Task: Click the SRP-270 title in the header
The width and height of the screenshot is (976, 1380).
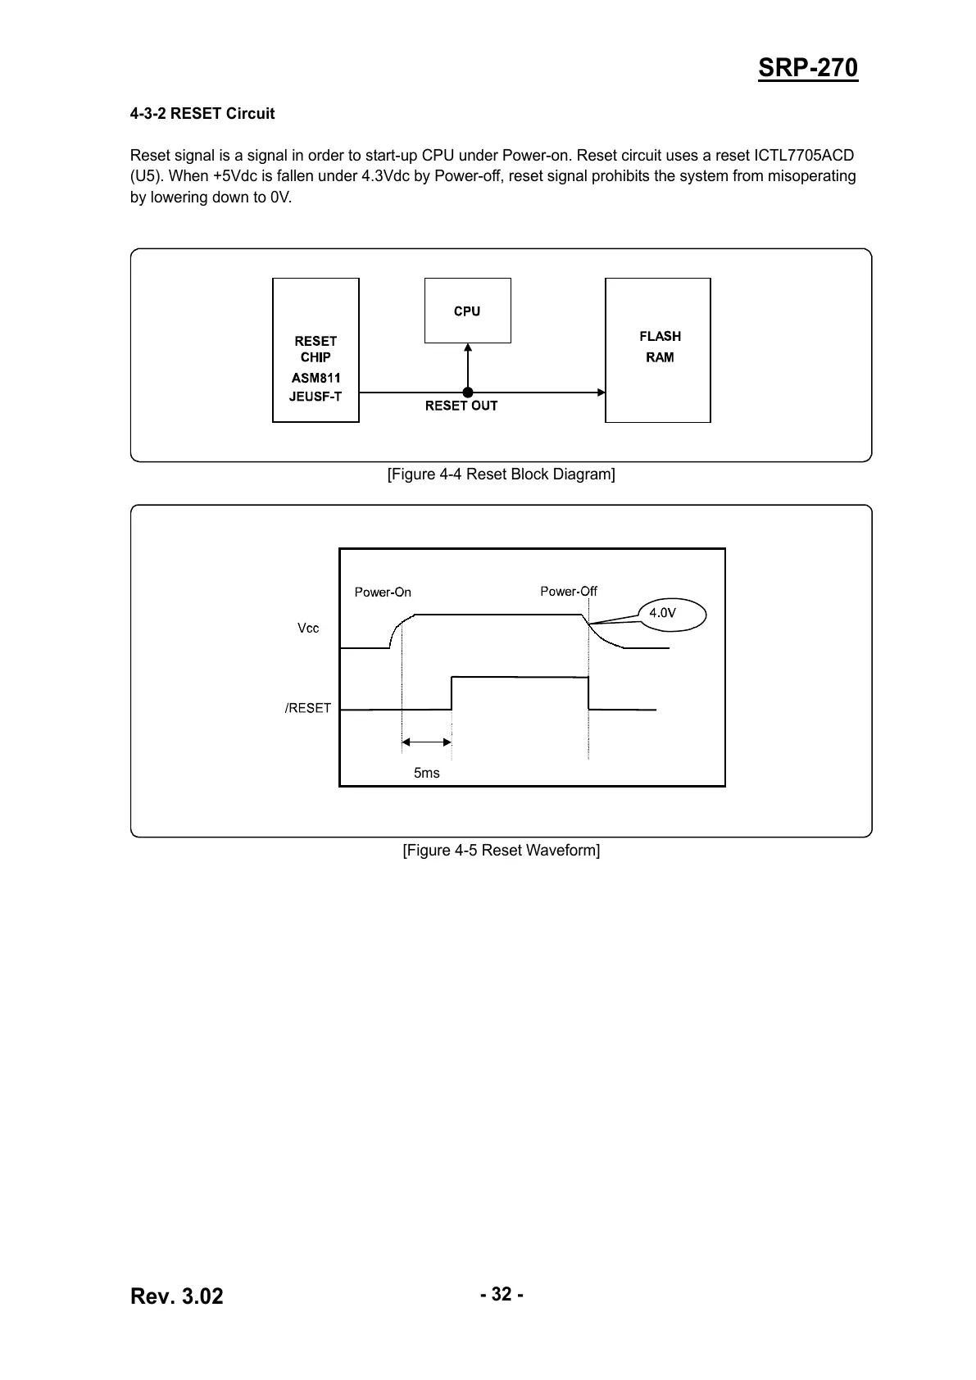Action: pos(807,68)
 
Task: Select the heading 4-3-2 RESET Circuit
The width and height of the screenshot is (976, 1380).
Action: pos(202,113)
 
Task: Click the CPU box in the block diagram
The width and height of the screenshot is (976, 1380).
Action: pos(468,311)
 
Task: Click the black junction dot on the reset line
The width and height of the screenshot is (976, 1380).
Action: pos(468,393)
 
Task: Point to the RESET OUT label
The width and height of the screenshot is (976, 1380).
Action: pos(461,406)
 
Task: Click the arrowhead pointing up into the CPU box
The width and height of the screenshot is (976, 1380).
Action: pos(468,347)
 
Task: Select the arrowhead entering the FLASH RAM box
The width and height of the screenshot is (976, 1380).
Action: pos(601,393)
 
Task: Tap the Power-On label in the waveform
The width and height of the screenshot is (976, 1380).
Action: pos(383,592)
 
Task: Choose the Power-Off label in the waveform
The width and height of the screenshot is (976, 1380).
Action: pos(569,592)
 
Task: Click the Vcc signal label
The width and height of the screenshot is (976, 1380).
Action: pos(308,628)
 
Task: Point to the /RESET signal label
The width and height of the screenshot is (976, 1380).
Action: pos(307,708)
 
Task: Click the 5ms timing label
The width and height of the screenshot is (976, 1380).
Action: pos(426,773)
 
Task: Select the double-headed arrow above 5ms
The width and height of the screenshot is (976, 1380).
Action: pos(426,742)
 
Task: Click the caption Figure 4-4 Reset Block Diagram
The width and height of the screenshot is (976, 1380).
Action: pos(501,474)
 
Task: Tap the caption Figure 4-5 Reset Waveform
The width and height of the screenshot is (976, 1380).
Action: pos(501,850)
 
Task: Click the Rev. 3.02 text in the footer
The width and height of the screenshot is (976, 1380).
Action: pos(177,1296)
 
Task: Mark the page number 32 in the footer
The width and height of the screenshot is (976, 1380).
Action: pos(502,1294)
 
